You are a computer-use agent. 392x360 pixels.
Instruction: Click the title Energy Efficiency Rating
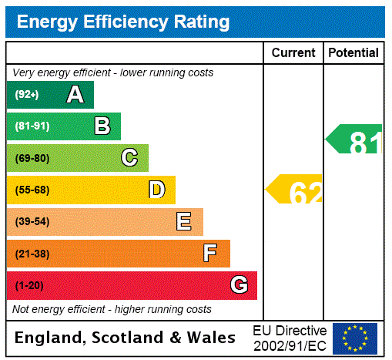click(123, 22)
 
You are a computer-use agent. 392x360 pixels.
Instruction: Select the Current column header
click(293, 53)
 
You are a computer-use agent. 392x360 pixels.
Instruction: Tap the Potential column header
click(353, 53)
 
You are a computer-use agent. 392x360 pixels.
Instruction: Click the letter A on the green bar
click(75, 95)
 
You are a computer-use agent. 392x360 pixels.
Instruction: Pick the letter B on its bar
click(102, 126)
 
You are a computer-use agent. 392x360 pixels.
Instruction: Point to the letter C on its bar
click(129, 158)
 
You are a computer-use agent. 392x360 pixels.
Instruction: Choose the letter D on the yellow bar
click(157, 190)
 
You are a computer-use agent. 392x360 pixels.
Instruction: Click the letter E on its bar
click(184, 222)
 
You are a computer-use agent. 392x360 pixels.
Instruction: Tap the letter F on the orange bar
click(210, 254)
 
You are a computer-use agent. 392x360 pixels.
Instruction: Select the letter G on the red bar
click(239, 285)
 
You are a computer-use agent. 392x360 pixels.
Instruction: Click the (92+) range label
click(26, 95)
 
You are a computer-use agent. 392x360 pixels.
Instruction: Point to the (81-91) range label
click(32, 126)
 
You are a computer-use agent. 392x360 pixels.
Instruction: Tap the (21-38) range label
click(32, 254)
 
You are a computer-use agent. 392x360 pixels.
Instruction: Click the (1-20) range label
click(29, 286)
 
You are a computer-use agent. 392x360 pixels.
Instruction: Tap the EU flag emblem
click(355, 338)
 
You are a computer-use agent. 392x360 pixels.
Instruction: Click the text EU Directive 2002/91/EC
click(290, 338)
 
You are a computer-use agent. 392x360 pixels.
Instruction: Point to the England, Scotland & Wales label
click(126, 338)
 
